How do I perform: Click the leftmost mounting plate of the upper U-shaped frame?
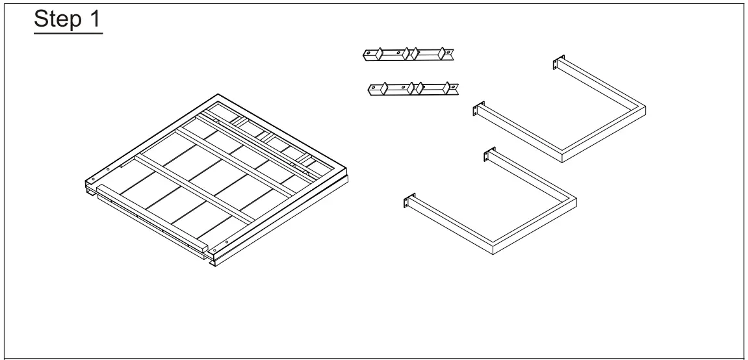[x=478, y=110]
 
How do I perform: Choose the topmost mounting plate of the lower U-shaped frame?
[x=486, y=156]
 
